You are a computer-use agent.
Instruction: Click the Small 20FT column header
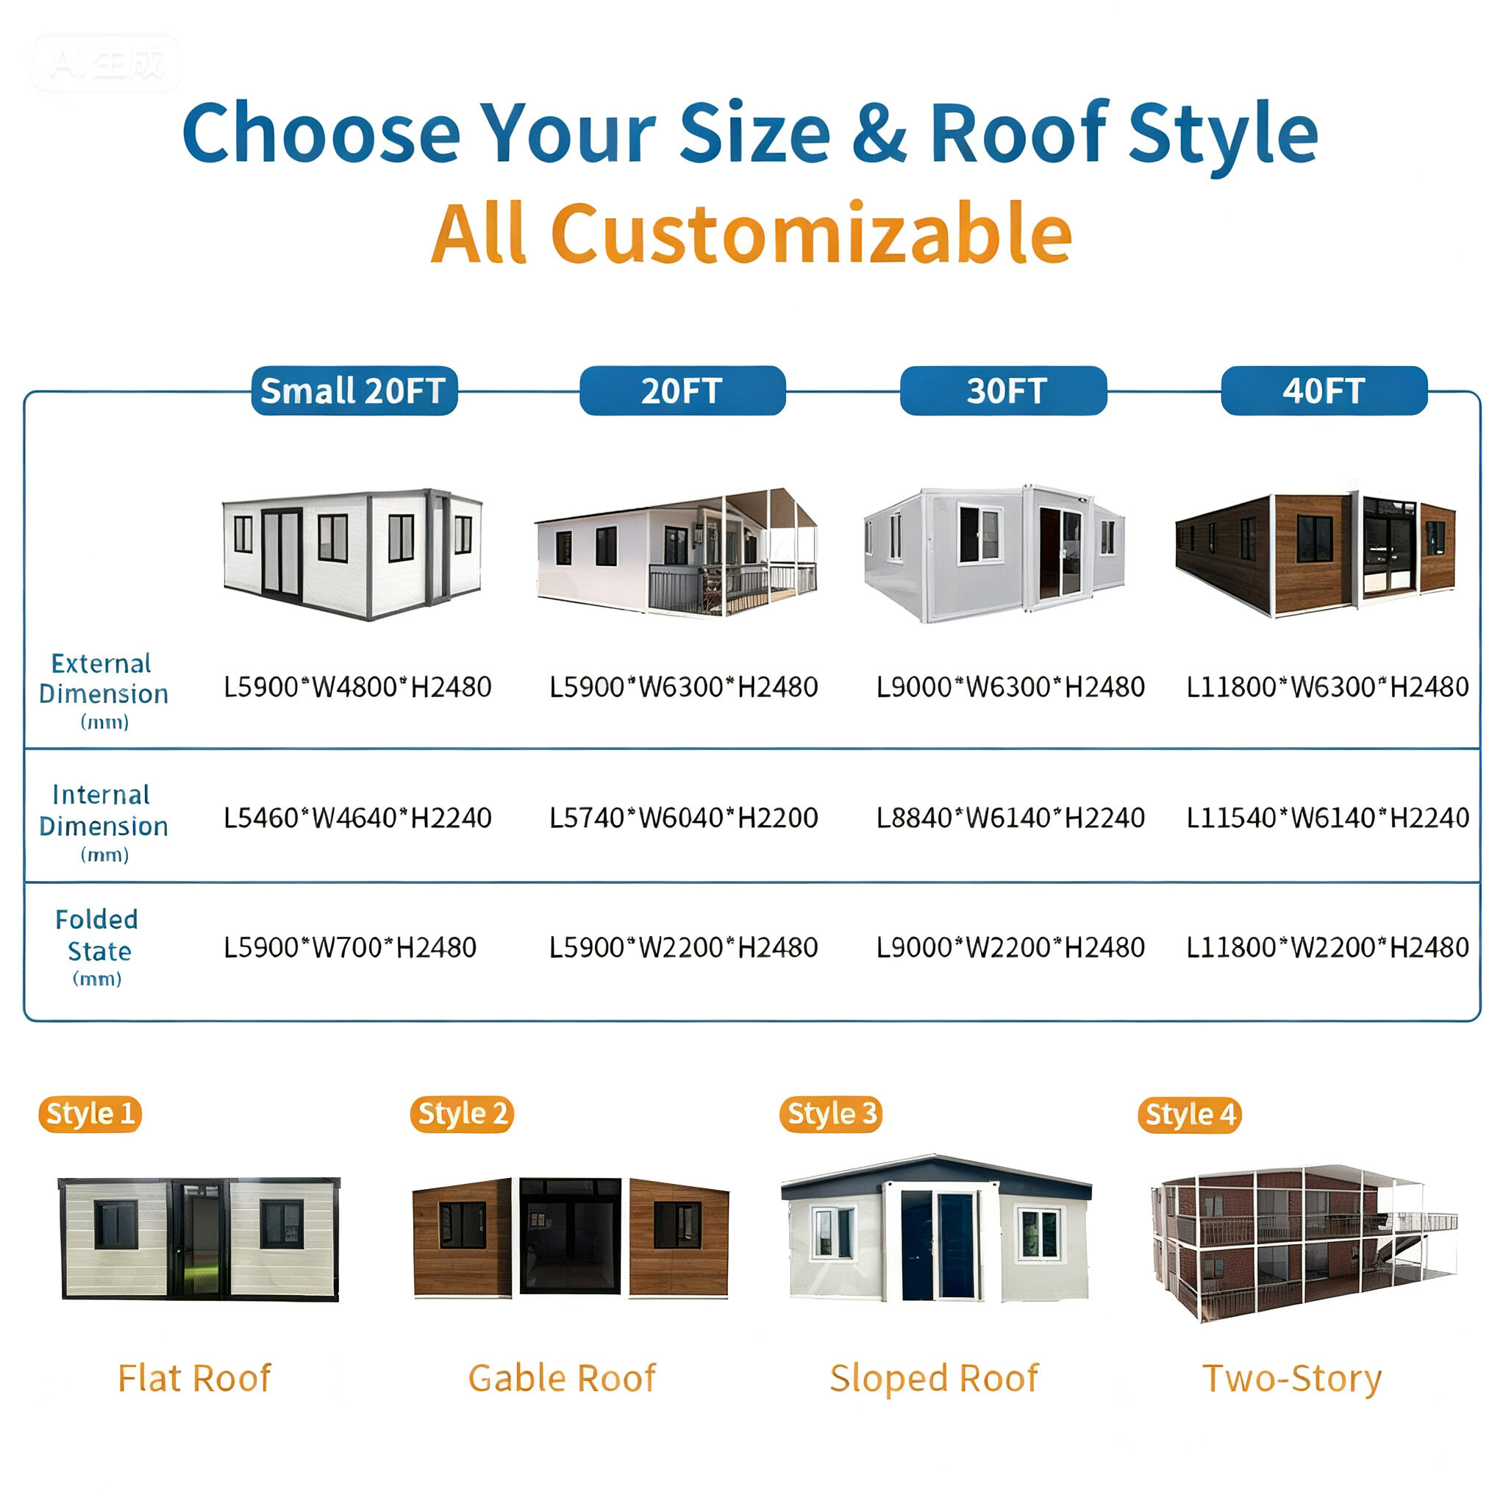coord(354,390)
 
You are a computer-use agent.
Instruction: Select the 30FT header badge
coord(1003,390)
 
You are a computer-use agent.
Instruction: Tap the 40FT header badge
coord(1324,390)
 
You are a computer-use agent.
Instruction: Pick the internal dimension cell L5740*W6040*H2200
coord(684,818)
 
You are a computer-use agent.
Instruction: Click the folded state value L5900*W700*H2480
coord(350,947)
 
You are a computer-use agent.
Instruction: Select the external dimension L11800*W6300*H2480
coord(1327,687)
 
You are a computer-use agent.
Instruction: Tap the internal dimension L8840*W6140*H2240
coord(1010,818)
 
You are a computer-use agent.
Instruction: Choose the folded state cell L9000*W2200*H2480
coord(1010,947)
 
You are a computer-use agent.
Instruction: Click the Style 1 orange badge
coord(90,1114)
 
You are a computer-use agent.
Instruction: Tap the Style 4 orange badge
coord(1190,1115)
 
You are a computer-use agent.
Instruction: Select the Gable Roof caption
coord(562,1378)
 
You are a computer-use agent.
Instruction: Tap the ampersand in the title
coord(879,133)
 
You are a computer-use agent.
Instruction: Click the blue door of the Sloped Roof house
coord(938,1246)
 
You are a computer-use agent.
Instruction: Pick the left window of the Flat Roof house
coord(115,1224)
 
